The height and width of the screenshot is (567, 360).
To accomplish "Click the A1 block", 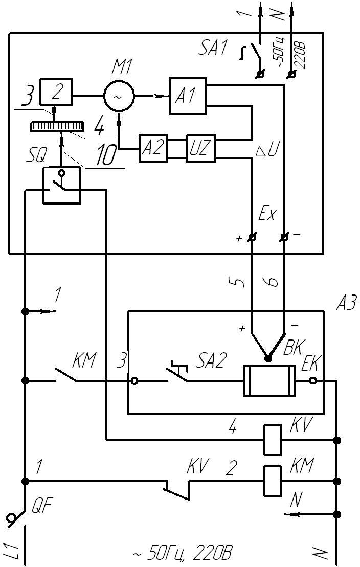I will point(188,96).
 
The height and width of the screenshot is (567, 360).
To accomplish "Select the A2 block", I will point(153,149).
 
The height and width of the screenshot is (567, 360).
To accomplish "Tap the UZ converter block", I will point(200,149).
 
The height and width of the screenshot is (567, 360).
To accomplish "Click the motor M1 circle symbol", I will point(119,96).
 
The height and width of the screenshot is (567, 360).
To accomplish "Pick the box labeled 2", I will point(57,92).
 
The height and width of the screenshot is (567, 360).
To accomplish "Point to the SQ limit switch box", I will point(61,185).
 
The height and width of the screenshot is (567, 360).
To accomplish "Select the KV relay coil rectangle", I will point(272,440).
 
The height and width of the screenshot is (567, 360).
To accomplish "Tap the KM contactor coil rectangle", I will point(272,481).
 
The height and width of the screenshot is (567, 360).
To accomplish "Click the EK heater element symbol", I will point(269,381).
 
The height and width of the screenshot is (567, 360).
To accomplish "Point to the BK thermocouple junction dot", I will point(267,358).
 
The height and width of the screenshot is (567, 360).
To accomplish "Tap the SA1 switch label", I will point(211,49).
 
